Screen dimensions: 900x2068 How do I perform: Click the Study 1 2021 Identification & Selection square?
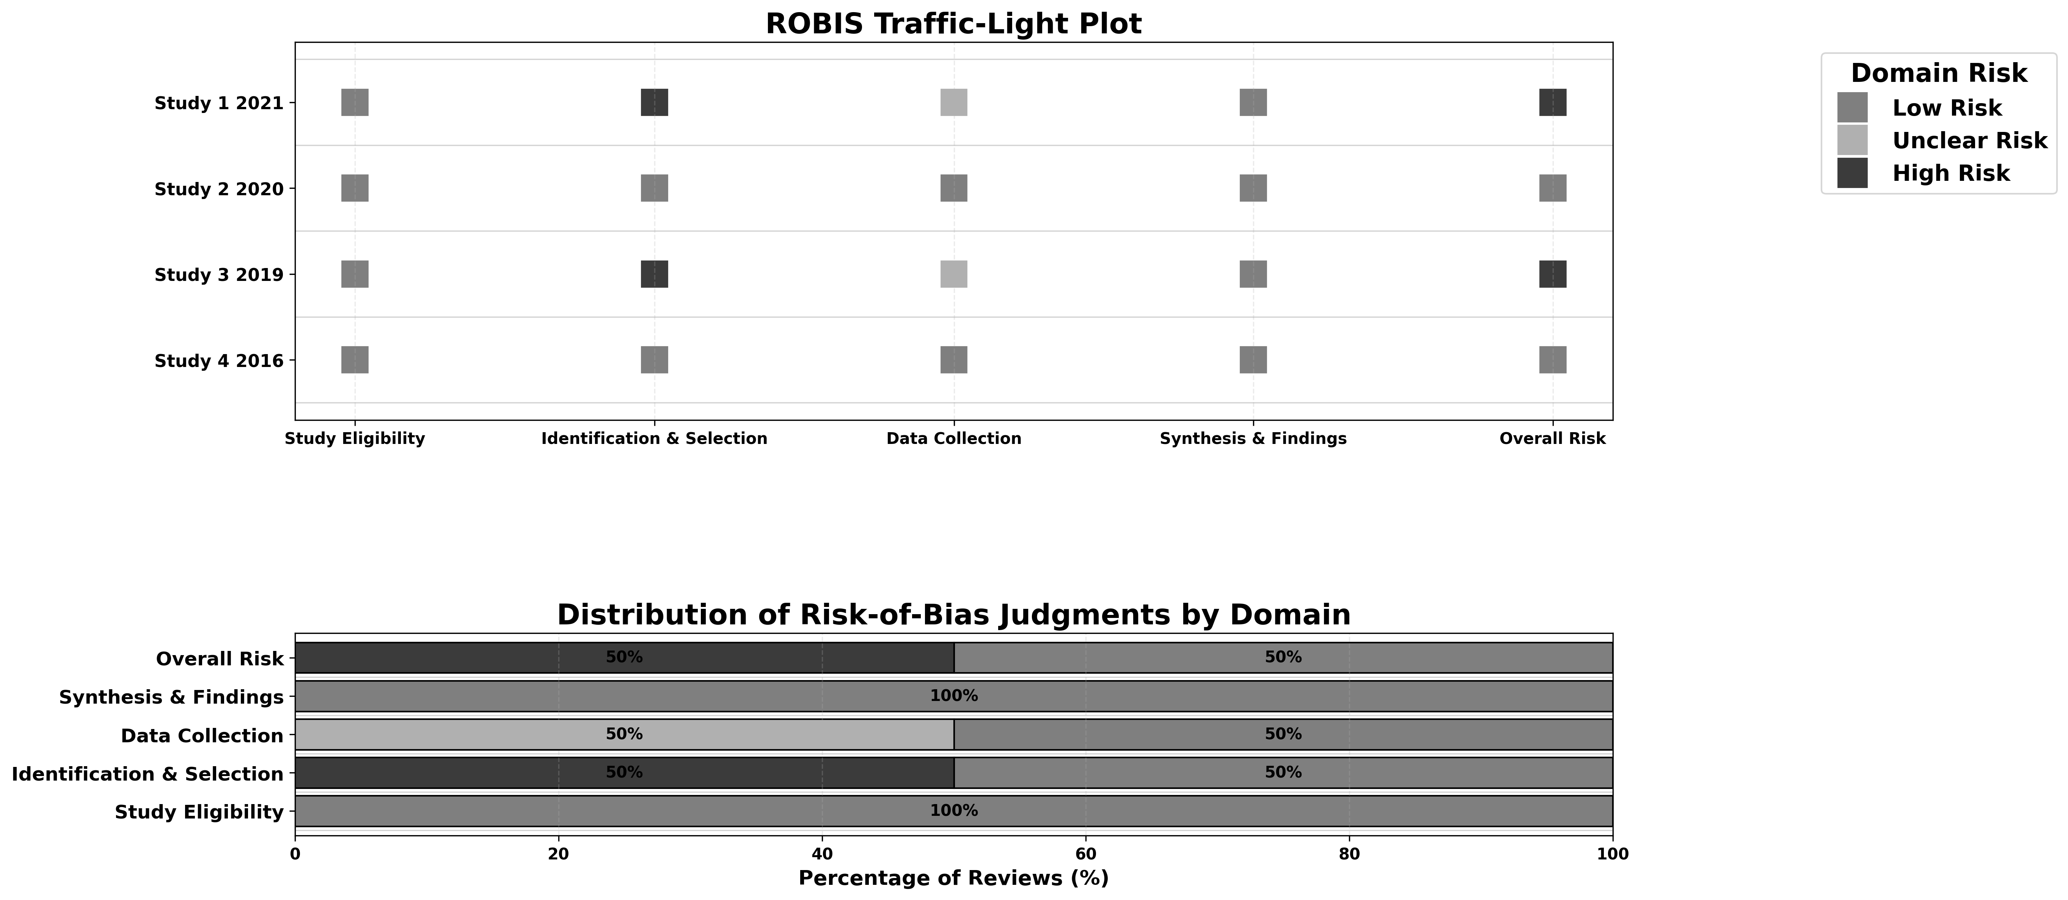tap(654, 103)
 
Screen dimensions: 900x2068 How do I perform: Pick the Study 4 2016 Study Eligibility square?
tap(355, 360)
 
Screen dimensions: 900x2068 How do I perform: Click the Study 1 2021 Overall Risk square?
tap(1553, 103)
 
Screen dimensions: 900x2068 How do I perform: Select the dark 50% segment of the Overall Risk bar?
tap(625, 657)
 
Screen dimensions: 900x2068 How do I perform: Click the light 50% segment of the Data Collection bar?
tap(625, 735)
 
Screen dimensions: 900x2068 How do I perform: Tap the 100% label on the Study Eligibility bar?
tap(954, 811)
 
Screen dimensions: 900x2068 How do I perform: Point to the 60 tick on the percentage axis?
tap(1085, 854)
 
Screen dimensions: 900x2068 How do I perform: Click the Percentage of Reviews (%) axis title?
tap(954, 878)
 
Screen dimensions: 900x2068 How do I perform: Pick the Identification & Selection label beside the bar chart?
tap(148, 774)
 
